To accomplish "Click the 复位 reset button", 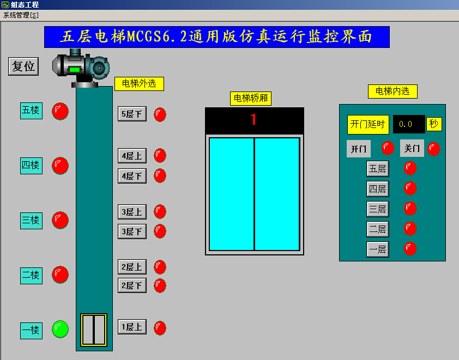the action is pyautogui.click(x=23, y=66).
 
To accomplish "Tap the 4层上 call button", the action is pyautogui.click(x=132, y=156).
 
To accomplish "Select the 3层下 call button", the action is pyautogui.click(x=132, y=231).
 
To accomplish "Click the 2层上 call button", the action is pyautogui.click(x=132, y=267).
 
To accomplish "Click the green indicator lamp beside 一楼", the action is pyautogui.click(x=60, y=329).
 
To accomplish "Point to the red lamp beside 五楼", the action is pyautogui.click(x=60, y=111).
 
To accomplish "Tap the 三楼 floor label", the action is pyautogui.click(x=31, y=221).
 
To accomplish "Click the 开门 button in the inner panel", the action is pyautogui.click(x=358, y=149).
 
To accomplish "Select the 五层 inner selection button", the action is pyautogui.click(x=377, y=169).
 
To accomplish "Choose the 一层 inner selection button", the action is pyautogui.click(x=377, y=249).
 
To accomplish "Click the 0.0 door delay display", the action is pyautogui.click(x=408, y=124).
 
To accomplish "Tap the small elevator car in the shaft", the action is pyautogui.click(x=94, y=330).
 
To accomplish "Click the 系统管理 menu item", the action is pyautogui.click(x=21, y=15).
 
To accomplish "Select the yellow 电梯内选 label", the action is pyautogui.click(x=392, y=91).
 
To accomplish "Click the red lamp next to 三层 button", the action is pyautogui.click(x=410, y=209).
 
